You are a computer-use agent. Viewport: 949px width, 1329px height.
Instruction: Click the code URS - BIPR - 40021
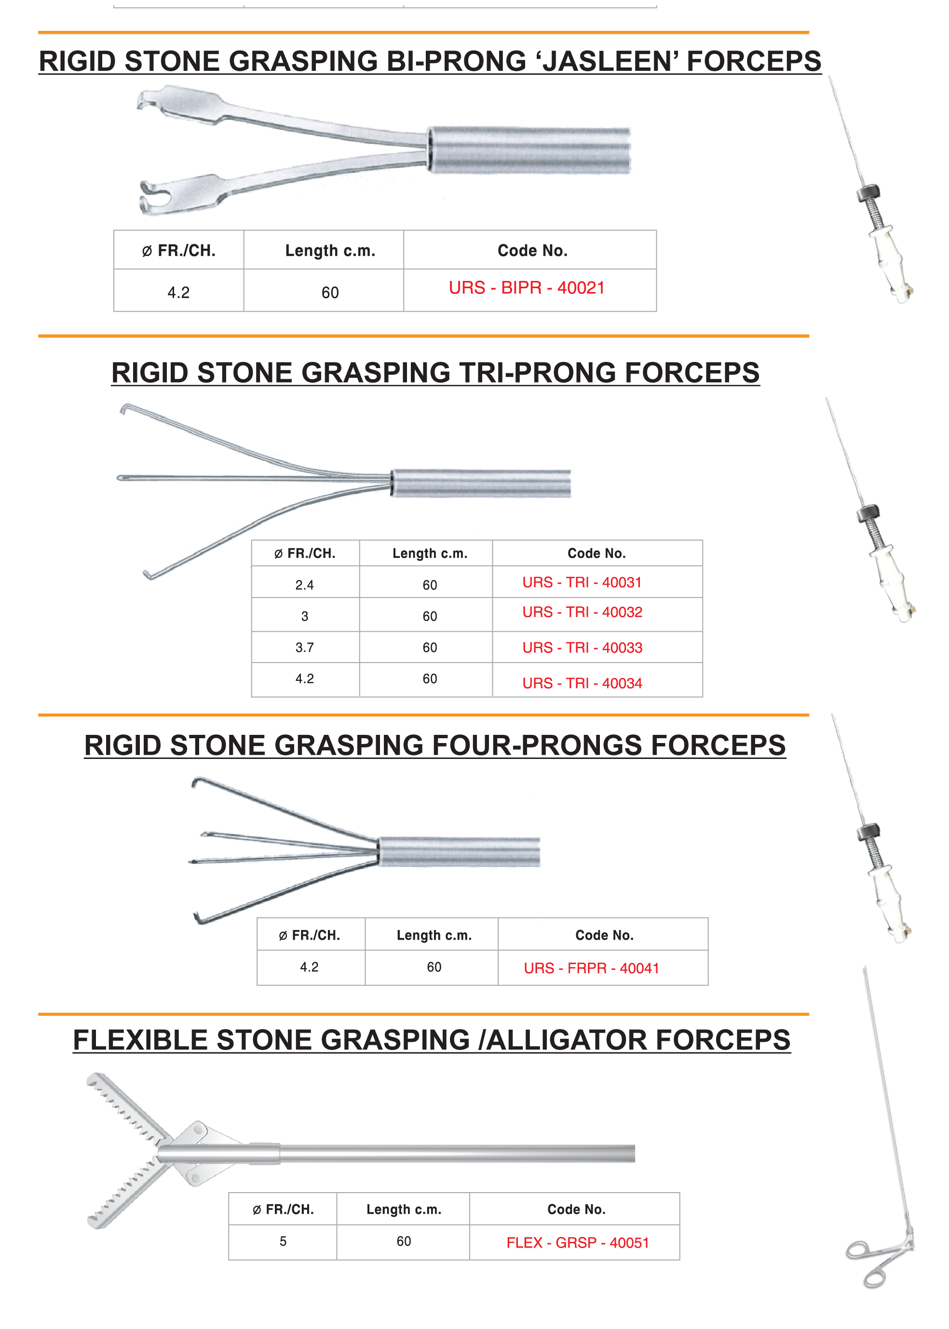(x=527, y=288)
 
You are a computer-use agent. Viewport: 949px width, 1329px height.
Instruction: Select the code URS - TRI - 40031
(x=582, y=582)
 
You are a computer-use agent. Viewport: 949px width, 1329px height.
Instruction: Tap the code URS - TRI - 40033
(x=582, y=648)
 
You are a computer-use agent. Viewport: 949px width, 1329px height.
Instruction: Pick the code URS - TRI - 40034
(x=582, y=683)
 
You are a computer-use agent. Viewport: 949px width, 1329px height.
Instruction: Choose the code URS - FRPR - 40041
(x=591, y=968)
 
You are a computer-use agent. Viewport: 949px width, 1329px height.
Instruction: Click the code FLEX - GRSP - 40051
(x=577, y=1243)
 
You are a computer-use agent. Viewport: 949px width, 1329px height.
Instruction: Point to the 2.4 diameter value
(x=304, y=585)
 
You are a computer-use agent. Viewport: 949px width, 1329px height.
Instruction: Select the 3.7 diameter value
(x=304, y=648)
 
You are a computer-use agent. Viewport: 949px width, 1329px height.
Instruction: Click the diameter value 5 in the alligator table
(x=283, y=1241)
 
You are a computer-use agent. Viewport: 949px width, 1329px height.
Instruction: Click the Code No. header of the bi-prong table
(x=532, y=251)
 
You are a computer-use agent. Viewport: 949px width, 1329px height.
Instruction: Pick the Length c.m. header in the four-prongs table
(x=434, y=935)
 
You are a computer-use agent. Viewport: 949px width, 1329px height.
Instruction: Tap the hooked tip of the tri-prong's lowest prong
(x=148, y=575)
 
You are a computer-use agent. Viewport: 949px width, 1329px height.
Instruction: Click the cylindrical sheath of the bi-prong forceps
(x=529, y=150)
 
